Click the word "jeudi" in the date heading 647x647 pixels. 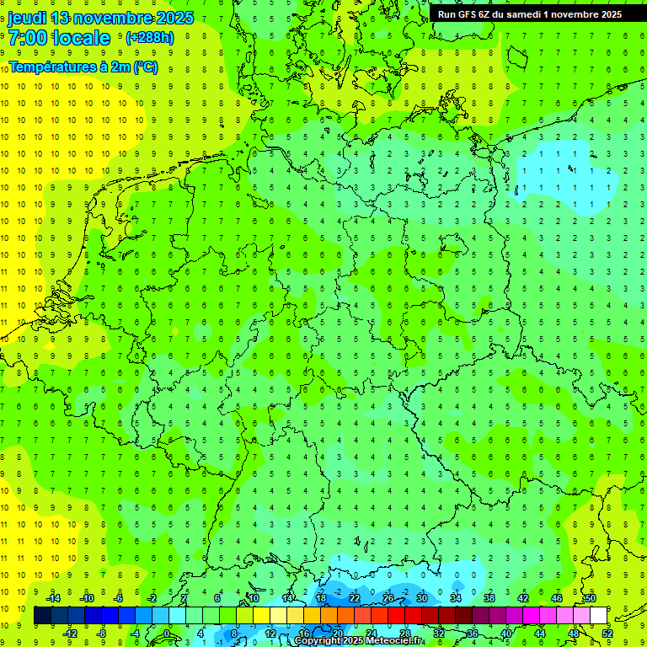click(x=27, y=18)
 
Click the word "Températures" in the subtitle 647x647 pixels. click(x=45, y=67)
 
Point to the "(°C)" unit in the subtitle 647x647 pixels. click(x=145, y=67)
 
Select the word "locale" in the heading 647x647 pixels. click(x=81, y=38)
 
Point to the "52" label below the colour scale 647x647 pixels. click(x=607, y=634)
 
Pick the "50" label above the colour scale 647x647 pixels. click(x=591, y=598)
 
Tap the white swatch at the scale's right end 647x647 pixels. click(x=599, y=616)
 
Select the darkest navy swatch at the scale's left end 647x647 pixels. click(x=42, y=616)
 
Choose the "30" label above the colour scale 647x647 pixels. click(x=422, y=598)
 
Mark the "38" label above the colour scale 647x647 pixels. click(x=489, y=598)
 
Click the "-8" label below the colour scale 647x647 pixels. click(x=102, y=634)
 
